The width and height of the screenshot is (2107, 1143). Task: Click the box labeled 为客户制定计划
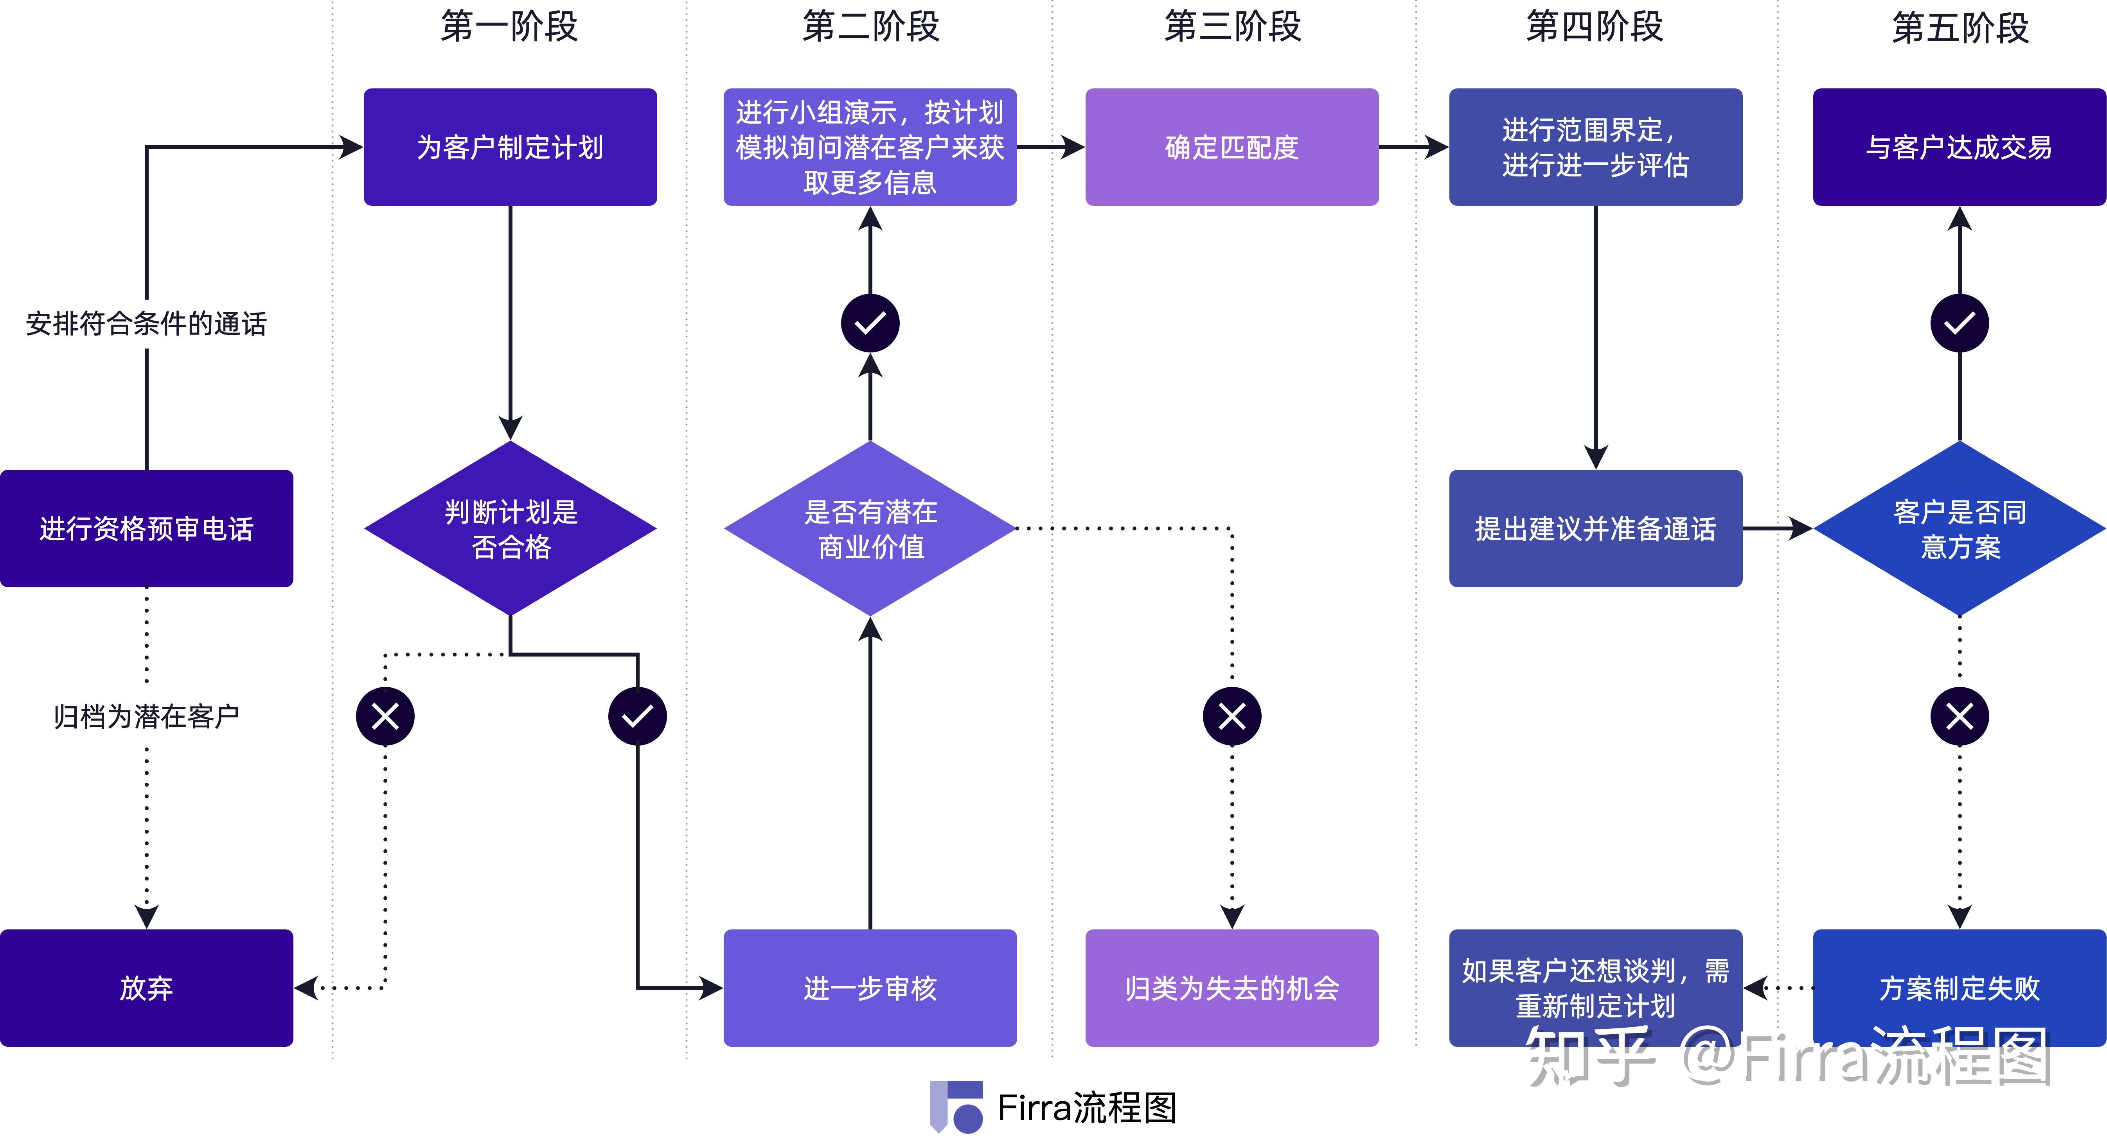click(510, 147)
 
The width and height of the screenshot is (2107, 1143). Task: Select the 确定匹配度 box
click(1232, 147)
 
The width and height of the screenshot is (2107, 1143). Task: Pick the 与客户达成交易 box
click(1959, 147)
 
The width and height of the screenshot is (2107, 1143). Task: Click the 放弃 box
click(146, 988)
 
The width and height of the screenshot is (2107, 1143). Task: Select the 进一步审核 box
click(870, 988)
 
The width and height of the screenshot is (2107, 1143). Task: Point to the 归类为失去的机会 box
click(1232, 988)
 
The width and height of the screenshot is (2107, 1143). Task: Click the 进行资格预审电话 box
click(146, 528)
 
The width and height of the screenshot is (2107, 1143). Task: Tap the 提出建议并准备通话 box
click(1595, 528)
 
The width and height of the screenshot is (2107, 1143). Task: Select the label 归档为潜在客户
click(146, 716)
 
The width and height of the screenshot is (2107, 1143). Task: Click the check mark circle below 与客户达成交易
click(1960, 323)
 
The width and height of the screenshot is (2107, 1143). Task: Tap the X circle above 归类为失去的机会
click(1232, 716)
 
